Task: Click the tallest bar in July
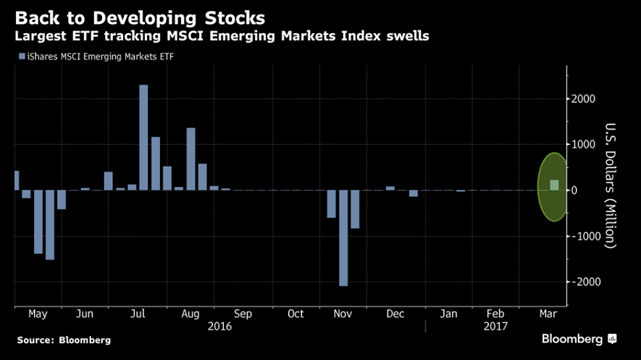click(143, 138)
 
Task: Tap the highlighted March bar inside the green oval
click(554, 185)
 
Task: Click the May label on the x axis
click(38, 314)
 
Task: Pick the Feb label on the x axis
click(495, 314)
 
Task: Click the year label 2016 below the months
click(219, 327)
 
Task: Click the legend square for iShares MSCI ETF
click(21, 56)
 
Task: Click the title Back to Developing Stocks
click(141, 17)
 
